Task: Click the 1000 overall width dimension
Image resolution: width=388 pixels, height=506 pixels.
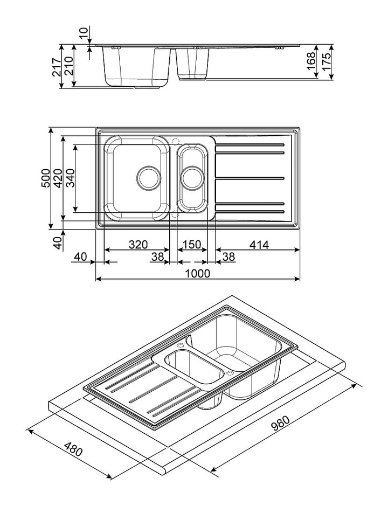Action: pyautogui.click(x=197, y=273)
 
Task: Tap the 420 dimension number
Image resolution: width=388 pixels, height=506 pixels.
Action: pyautogui.click(x=58, y=178)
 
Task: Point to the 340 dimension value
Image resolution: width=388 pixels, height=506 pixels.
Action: pyautogui.click(x=70, y=178)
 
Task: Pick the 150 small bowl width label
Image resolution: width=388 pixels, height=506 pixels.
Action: pyautogui.click(x=192, y=244)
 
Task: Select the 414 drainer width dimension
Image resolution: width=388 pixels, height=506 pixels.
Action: pyautogui.click(x=258, y=244)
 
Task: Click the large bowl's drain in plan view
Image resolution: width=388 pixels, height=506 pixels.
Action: pyautogui.click(x=148, y=177)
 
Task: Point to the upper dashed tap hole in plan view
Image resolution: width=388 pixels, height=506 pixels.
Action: pyautogui.click(x=175, y=141)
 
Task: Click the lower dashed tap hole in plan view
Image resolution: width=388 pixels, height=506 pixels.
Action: pyautogui.click(x=175, y=214)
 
